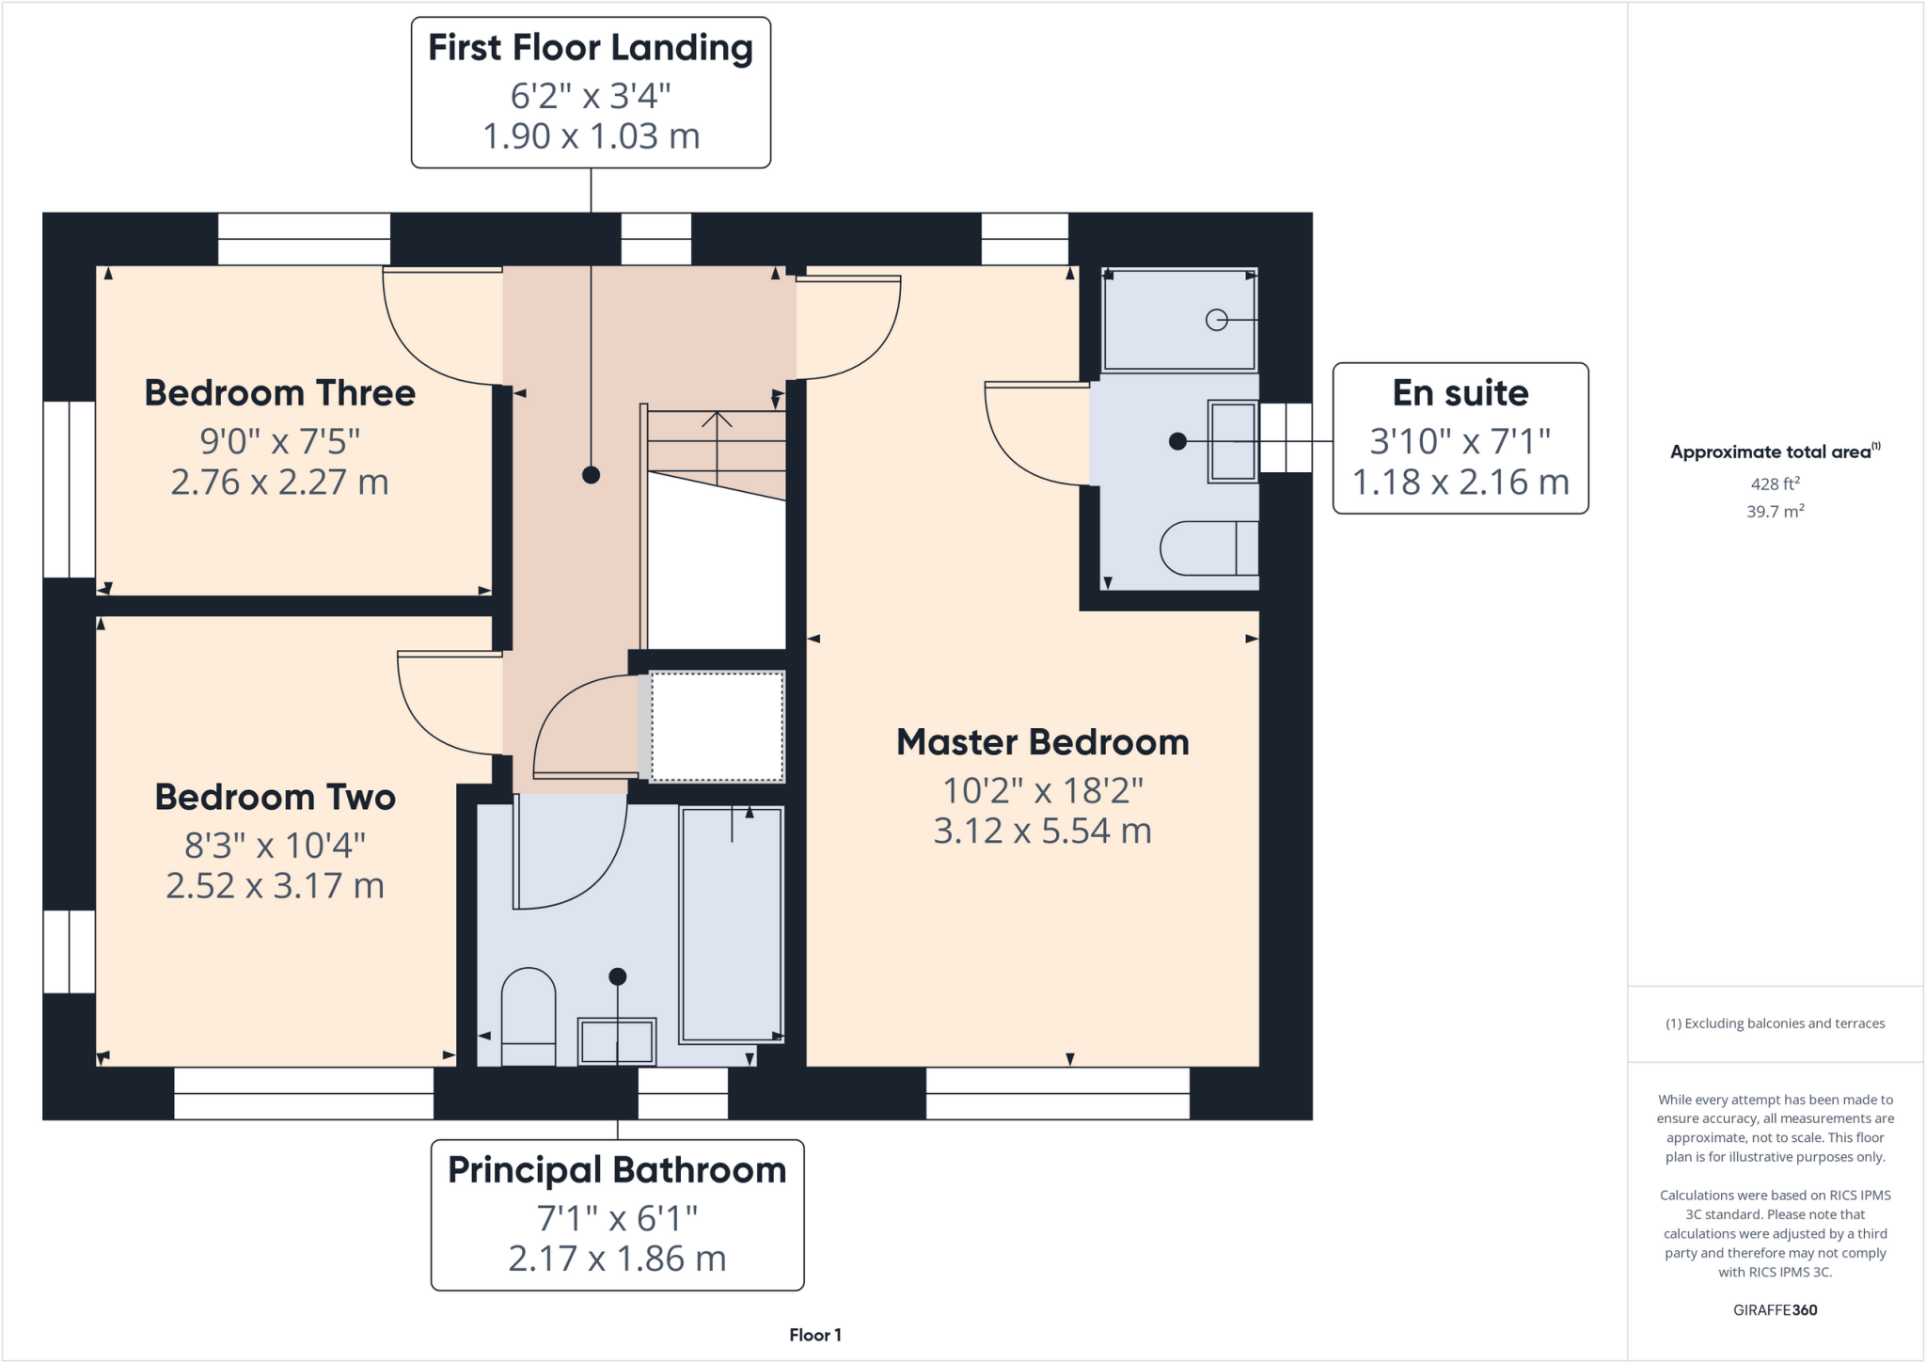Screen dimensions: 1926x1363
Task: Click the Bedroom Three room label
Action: coord(279,393)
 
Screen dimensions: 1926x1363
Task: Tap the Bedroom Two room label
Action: coord(275,798)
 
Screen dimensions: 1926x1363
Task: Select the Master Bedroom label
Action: coord(1042,742)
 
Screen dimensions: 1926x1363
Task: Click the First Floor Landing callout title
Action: coord(591,48)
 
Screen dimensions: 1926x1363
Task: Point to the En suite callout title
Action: coord(1460,393)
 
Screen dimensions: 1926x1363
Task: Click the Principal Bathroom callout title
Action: coord(617,1170)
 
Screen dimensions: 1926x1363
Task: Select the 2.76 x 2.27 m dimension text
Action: coord(279,483)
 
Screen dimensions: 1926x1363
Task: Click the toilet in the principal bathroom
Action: coord(529,1016)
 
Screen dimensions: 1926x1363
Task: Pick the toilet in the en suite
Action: coord(1209,547)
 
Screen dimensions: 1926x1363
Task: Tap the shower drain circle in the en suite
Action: coord(1216,320)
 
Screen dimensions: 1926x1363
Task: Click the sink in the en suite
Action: coord(1233,442)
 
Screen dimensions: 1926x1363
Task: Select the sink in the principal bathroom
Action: coord(617,1041)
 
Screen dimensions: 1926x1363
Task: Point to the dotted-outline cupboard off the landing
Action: coord(717,725)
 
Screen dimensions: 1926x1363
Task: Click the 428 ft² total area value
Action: coord(1775,483)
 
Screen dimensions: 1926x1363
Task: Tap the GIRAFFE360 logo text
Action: coord(1775,1310)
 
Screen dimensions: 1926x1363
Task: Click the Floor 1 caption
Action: coord(815,1335)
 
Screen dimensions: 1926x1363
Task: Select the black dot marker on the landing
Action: coord(591,475)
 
